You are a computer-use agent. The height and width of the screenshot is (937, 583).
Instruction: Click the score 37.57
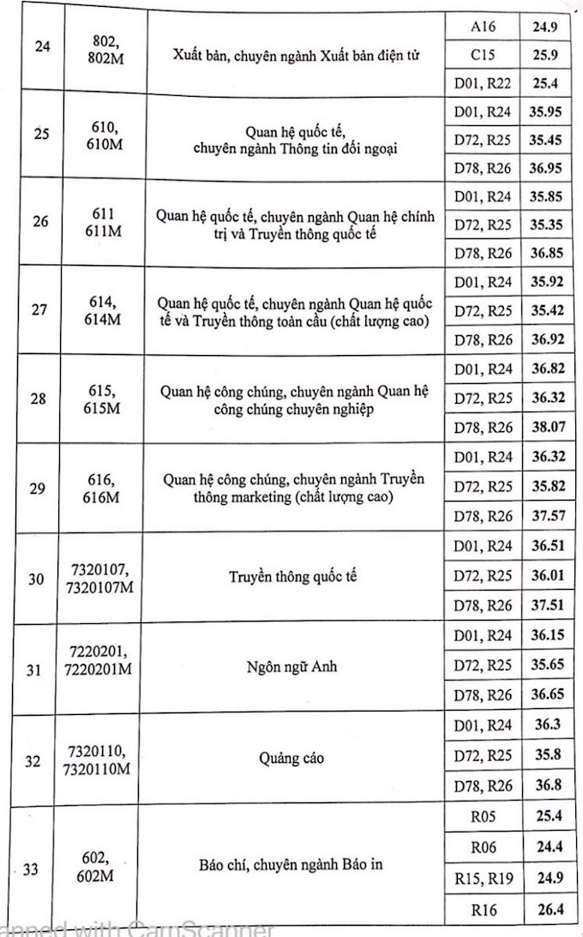(545, 516)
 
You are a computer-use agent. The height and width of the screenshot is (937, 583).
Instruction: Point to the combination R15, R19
(484, 877)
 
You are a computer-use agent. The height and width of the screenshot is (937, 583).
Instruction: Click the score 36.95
(545, 166)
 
